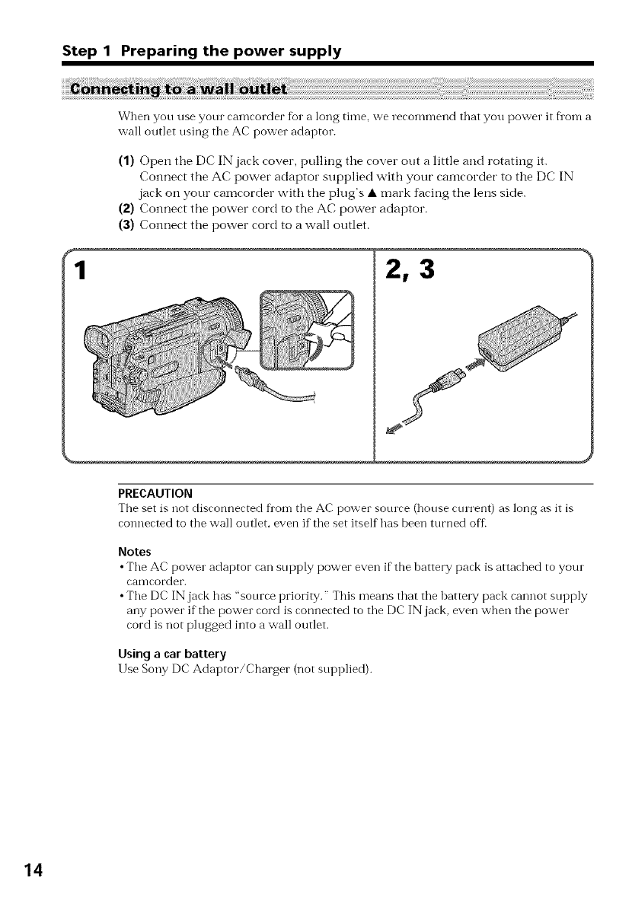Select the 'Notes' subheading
[135, 549]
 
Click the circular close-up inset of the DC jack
[308, 334]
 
